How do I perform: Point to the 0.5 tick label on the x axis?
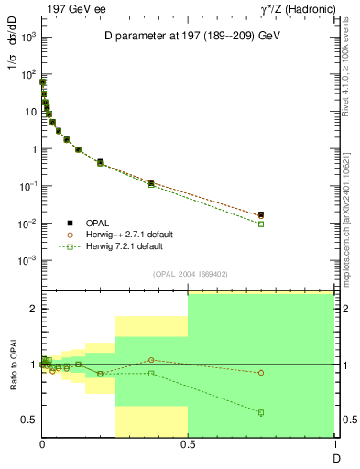coord(188,445)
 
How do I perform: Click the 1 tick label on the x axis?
coord(333,445)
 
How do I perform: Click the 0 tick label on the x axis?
coord(42,445)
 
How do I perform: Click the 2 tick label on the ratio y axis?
coord(33,309)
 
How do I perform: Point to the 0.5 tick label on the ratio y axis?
coord(28,420)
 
